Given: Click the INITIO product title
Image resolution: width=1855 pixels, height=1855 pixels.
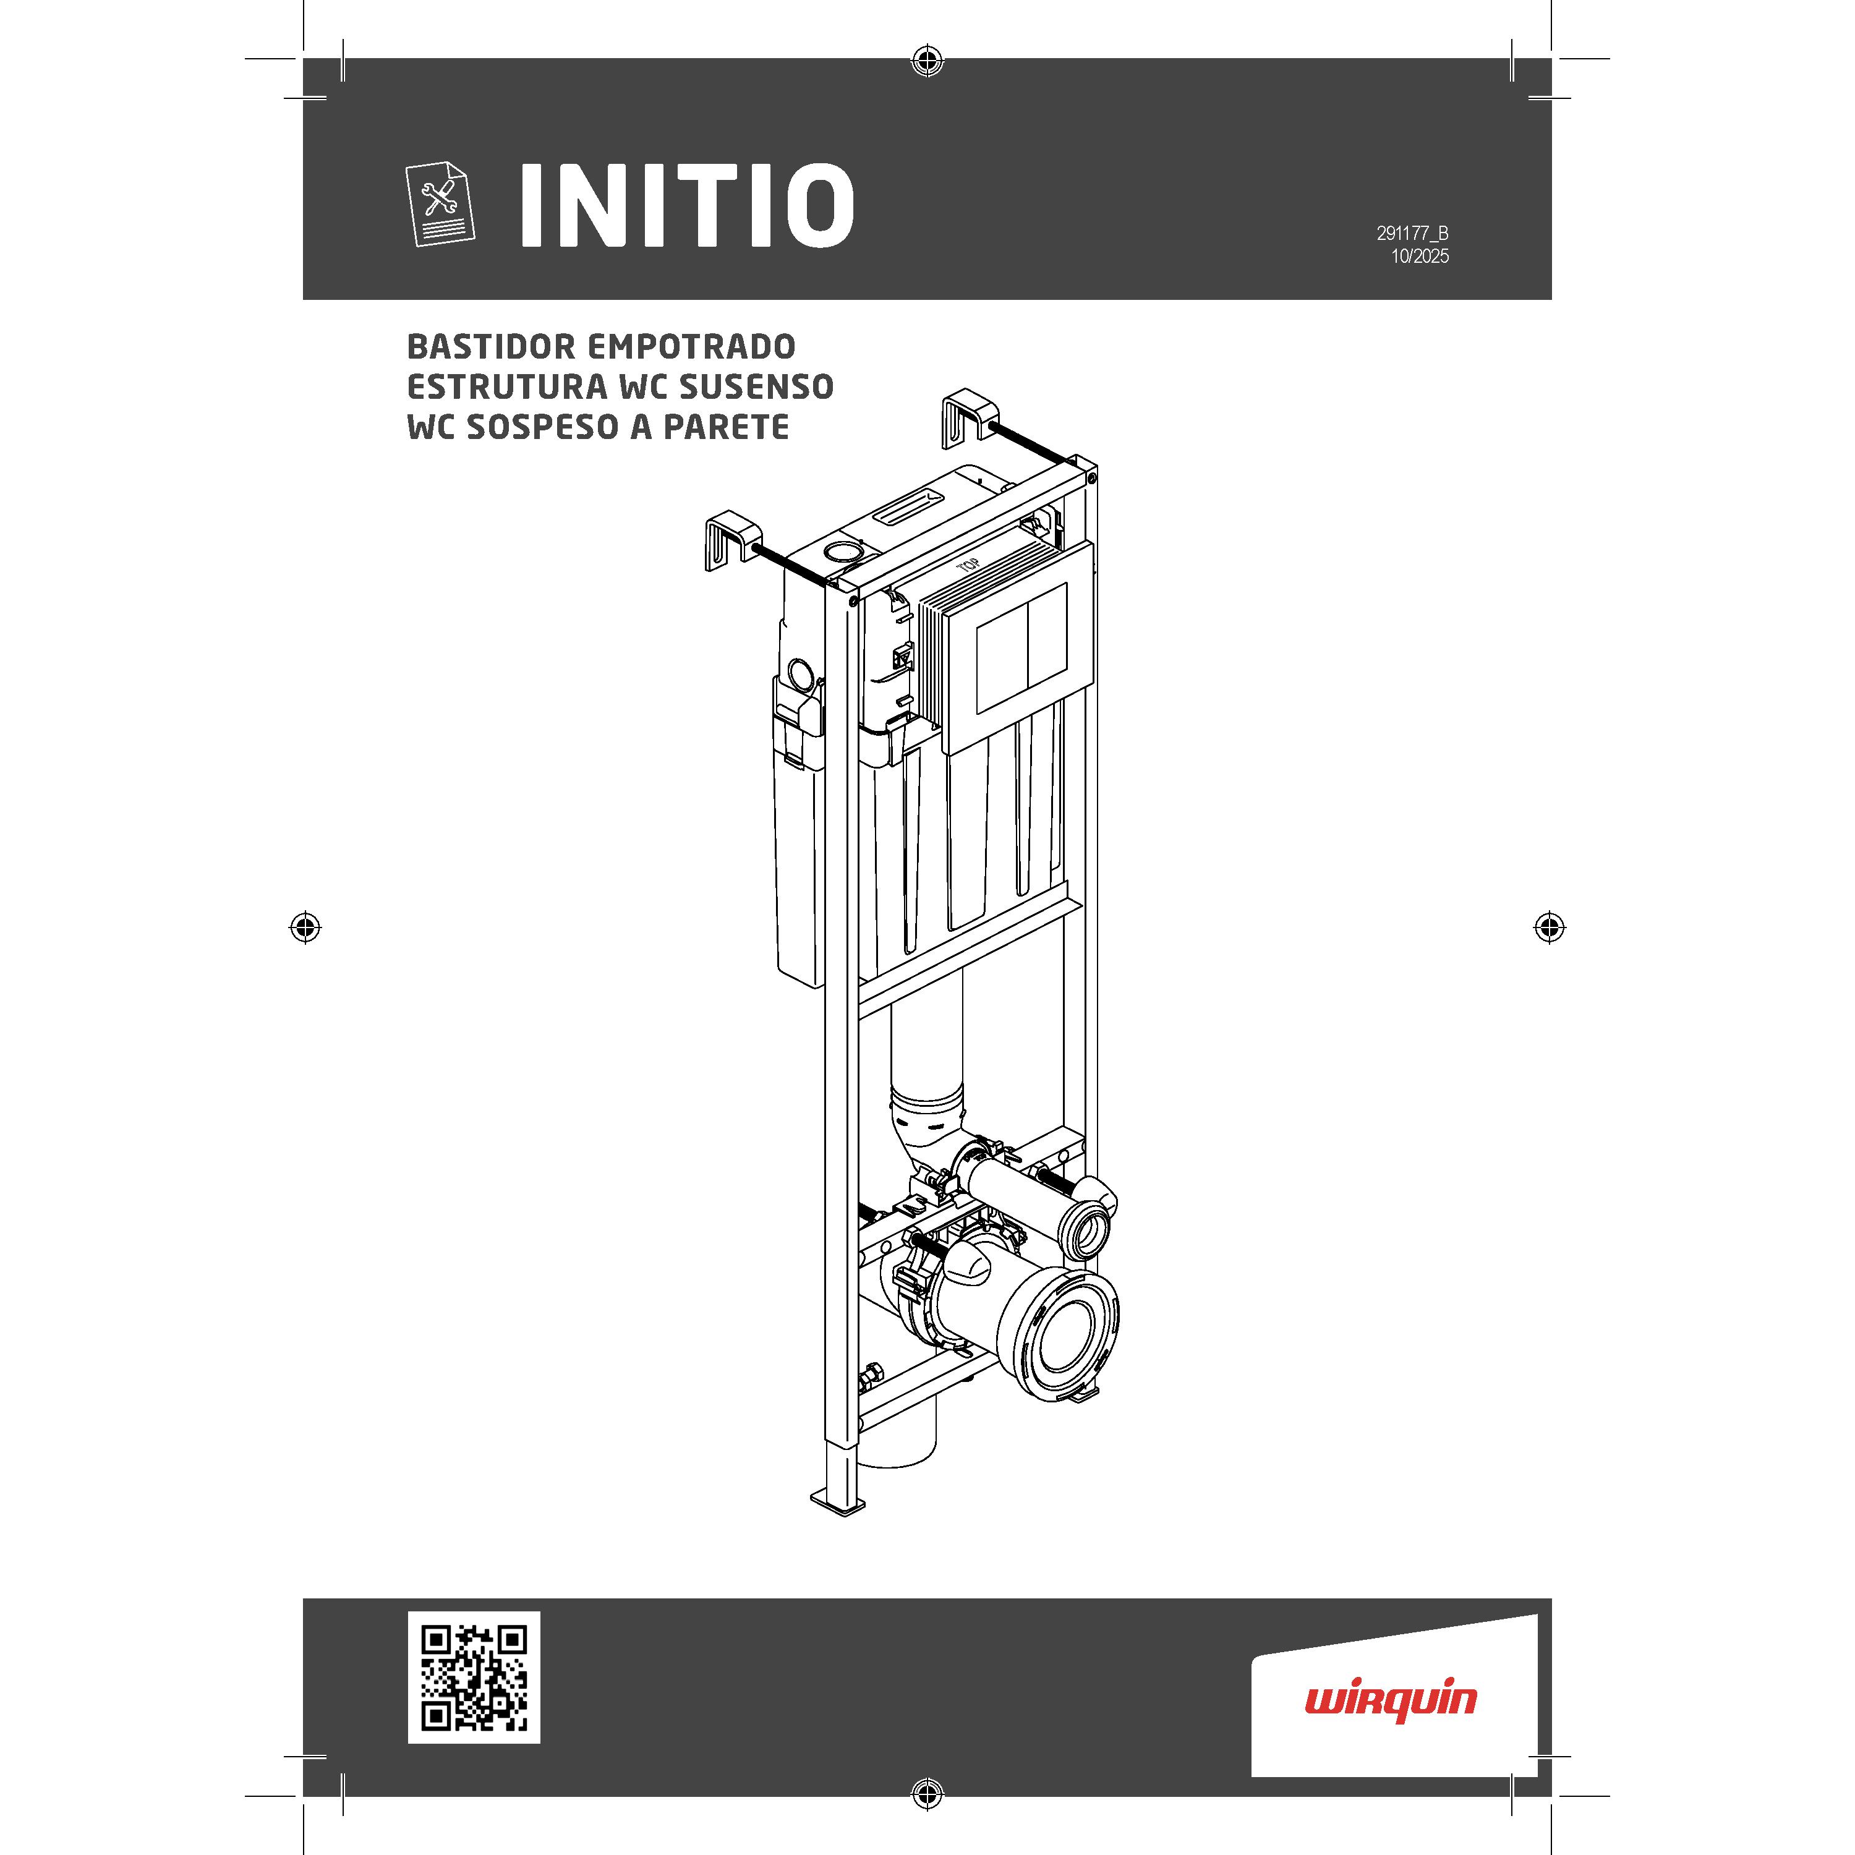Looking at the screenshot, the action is click(686, 205).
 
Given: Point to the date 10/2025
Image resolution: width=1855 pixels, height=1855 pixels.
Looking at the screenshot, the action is click(1420, 257).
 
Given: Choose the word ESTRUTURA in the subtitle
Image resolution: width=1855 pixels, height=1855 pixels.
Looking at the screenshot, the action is click(507, 387).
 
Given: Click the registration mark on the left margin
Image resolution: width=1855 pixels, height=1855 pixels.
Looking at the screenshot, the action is click(305, 927).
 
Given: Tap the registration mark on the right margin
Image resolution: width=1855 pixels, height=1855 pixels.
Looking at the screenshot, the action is click(1550, 927).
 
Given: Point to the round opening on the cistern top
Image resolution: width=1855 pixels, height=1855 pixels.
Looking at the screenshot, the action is click(842, 552).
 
